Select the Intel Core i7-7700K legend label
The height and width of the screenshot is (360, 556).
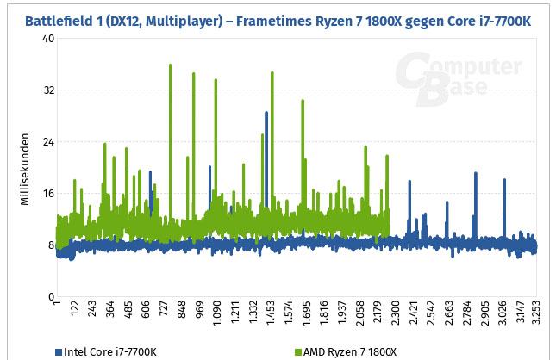[112, 351]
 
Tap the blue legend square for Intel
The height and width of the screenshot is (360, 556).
[59, 351]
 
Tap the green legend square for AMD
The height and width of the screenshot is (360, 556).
[298, 351]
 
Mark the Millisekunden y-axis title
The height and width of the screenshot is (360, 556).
[26, 168]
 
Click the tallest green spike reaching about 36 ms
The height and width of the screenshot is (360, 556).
[170, 65]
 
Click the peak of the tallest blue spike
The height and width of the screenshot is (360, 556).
[266, 113]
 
